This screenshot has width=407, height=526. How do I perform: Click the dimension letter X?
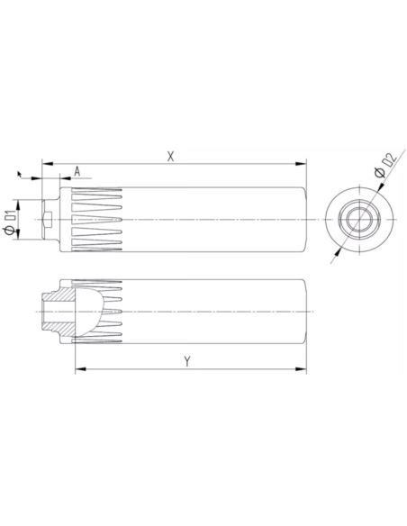pyautogui.click(x=171, y=156)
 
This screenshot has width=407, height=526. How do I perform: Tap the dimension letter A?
pyautogui.click(x=77, y=170)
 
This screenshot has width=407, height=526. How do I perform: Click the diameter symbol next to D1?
pyautogui.click(x=10, y=231)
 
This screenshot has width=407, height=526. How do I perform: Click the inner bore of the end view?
pyautogui.click(x=357, y=219)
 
